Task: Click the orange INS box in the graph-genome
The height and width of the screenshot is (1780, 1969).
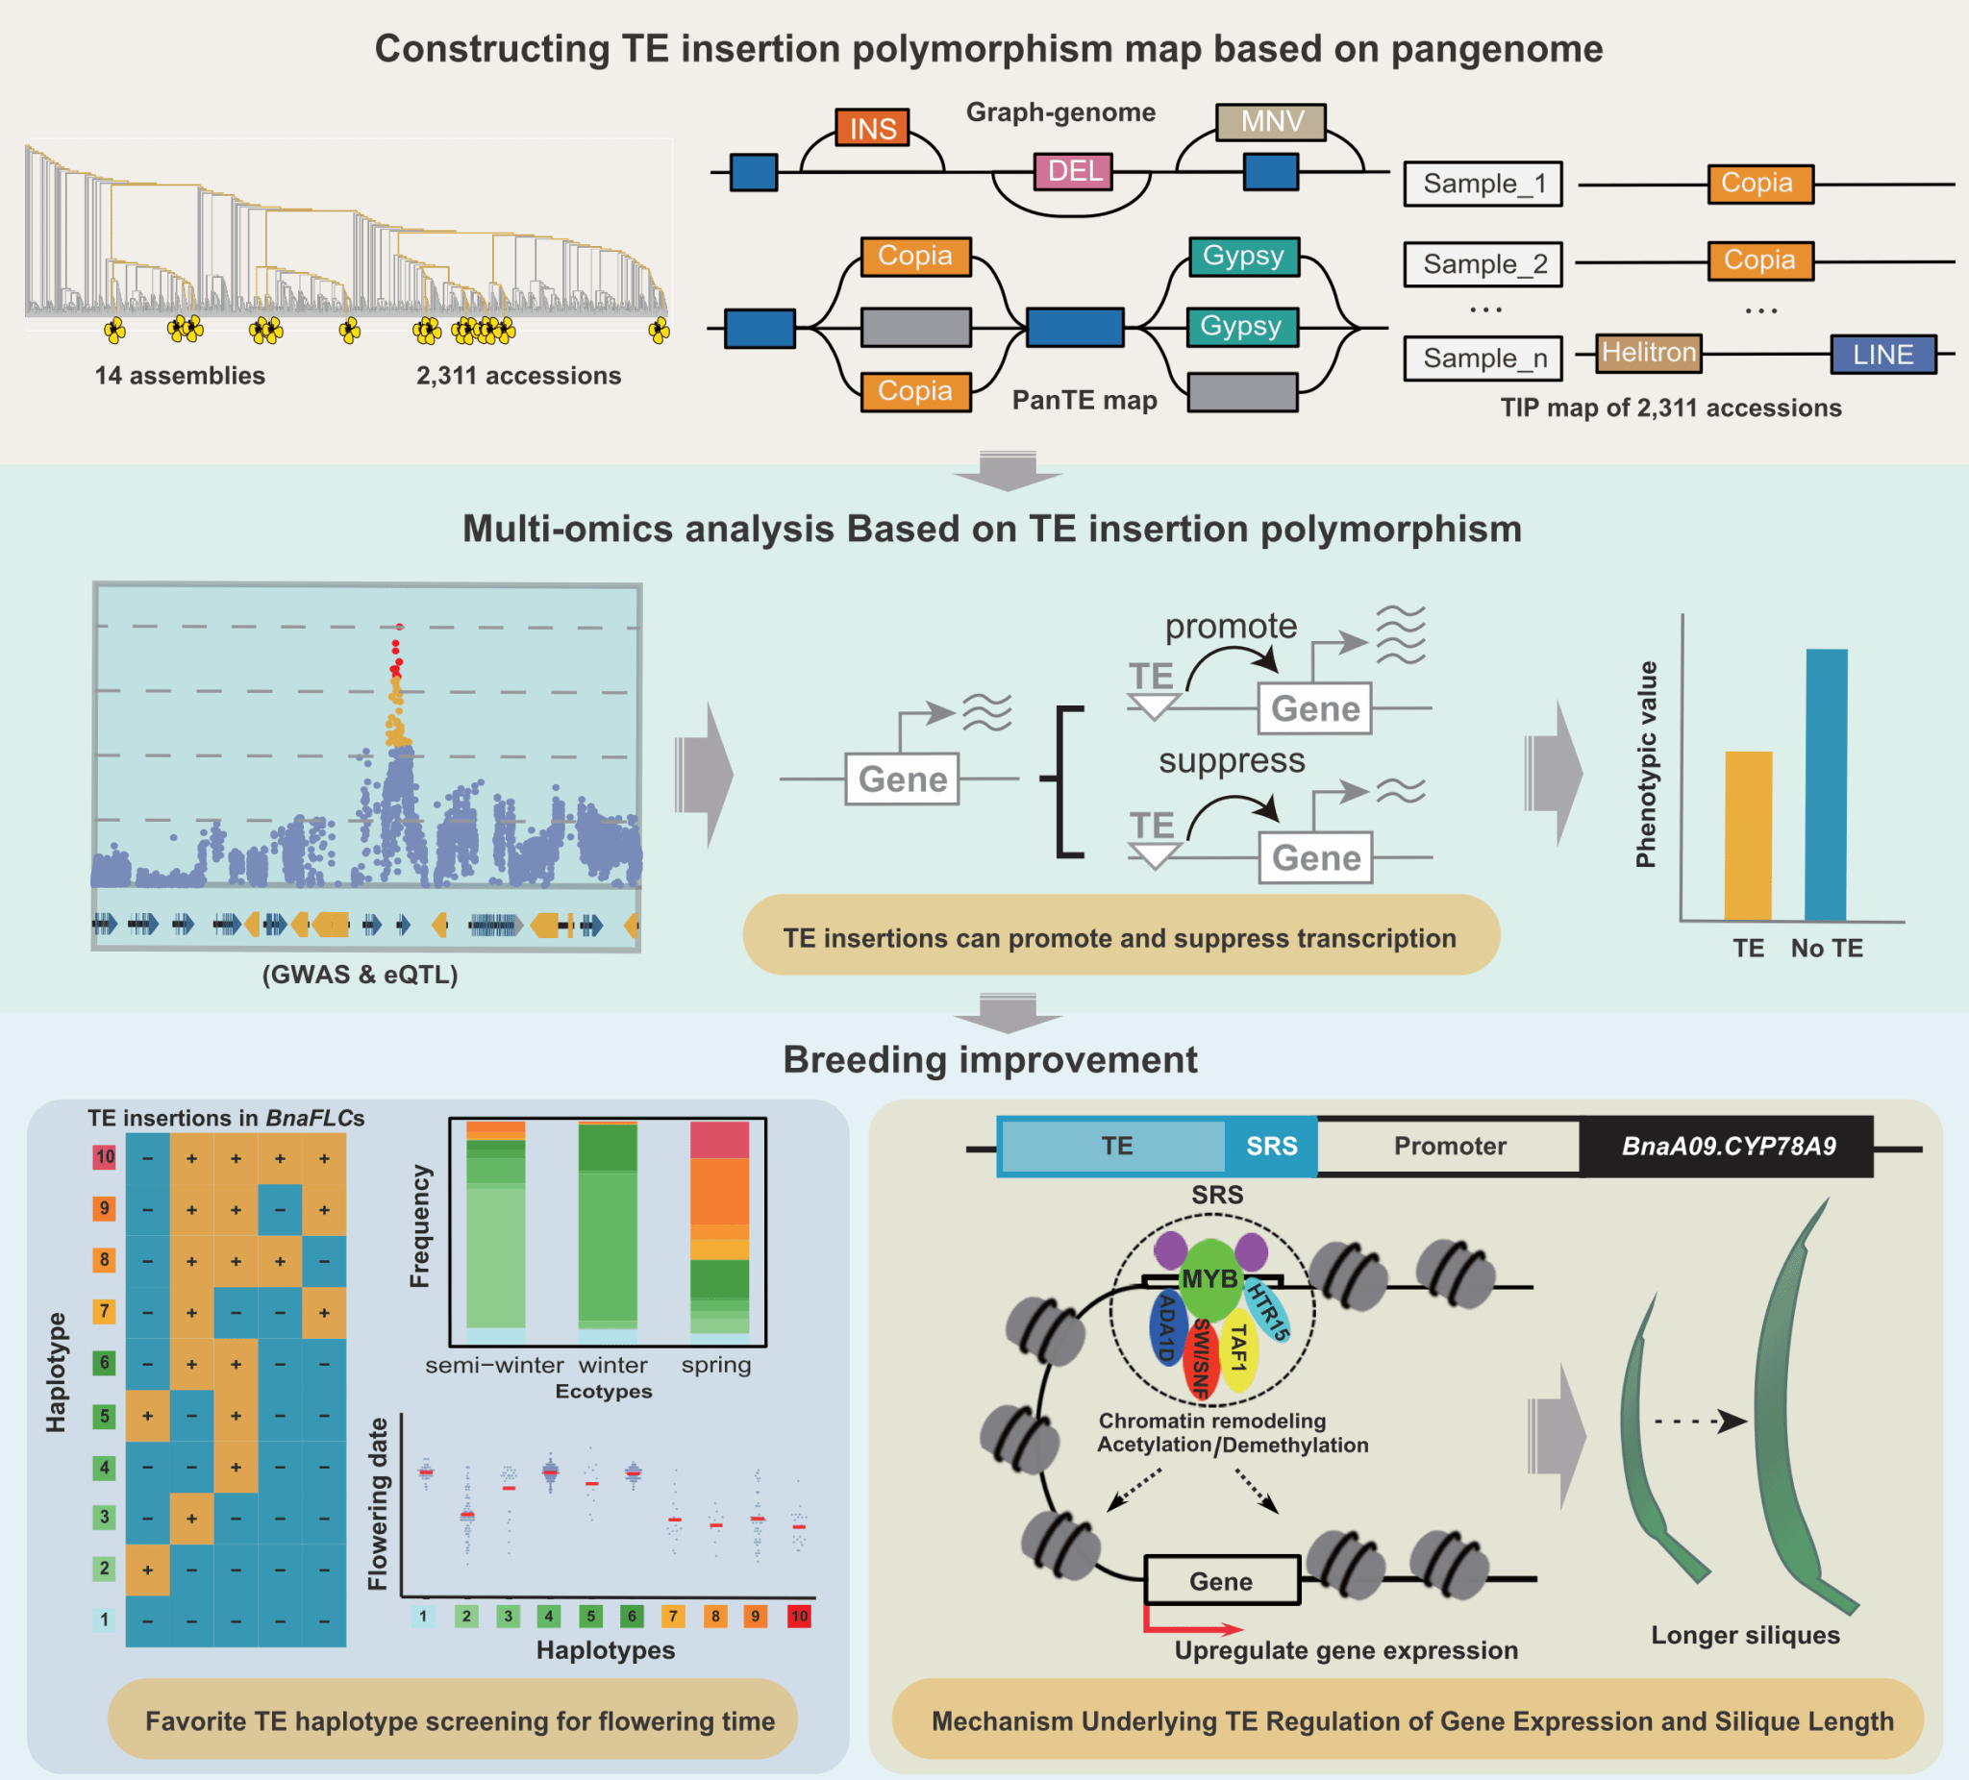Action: click(x=871, y=128)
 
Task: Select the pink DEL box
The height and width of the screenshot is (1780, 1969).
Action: click(x=1073, y=172)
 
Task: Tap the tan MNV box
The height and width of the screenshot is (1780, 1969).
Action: click(x=1270, y=122)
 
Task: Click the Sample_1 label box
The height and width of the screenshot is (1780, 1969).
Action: click(x=1483, y=184)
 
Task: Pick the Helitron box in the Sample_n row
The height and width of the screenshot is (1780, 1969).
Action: click(x=1649, y=353)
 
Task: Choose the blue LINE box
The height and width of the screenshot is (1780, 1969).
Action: click(x=1882, y=355)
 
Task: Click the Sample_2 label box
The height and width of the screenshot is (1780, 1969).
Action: click(x=1483, y=263)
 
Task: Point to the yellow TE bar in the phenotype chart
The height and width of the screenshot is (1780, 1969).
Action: click(x=1747, y=835)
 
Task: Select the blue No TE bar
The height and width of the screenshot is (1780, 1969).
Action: click(x=1826, y=784)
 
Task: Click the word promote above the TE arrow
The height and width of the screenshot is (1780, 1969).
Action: click(x=1231, y=626)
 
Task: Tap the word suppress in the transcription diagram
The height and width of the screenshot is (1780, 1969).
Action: click(x=1231, y=760)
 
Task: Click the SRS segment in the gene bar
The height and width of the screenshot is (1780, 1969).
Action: click(x=1271, y=1147)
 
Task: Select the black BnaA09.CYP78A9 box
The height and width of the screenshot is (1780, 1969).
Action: click(x=1727, y=1147)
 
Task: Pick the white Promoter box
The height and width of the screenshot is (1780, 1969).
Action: click(x=1449, y=1147)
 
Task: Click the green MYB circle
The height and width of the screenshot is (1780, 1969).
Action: click(x=1209, y=1279)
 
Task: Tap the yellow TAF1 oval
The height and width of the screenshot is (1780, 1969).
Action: click(x=1238, y=1350)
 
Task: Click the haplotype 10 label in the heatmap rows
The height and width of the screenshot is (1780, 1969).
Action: click(x=105, y=1157)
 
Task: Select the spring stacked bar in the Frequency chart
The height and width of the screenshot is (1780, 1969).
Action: click(x=719, y=1227)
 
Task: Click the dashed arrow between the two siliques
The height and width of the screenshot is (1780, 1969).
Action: click(x=1700, y=1421)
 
